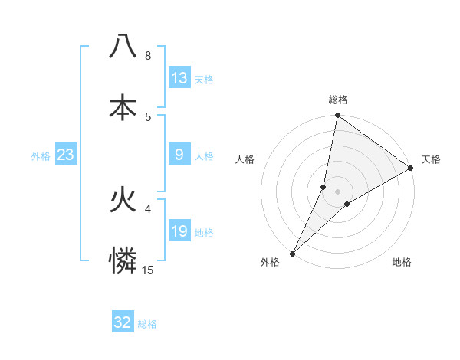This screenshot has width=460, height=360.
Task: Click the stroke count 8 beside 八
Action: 148,56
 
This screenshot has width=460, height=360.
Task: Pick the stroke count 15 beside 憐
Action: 148,270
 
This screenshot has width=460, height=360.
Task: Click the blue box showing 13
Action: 179,78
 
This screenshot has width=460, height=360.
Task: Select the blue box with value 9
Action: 179,155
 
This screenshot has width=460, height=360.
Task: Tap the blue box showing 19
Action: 179,231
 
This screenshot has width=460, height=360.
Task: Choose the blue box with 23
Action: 66,155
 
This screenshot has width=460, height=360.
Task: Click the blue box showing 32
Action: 123,322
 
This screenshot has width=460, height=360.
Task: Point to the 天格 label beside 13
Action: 204,80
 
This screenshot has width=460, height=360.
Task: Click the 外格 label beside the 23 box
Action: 41,156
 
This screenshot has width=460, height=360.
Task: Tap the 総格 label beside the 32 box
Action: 147,324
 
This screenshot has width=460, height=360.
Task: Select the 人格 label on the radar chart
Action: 245,159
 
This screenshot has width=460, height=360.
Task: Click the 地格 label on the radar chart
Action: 402,263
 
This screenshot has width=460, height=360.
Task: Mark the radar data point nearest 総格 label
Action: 337,116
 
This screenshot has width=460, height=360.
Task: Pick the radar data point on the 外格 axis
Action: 293,253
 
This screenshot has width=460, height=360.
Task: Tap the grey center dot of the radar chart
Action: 338,191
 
